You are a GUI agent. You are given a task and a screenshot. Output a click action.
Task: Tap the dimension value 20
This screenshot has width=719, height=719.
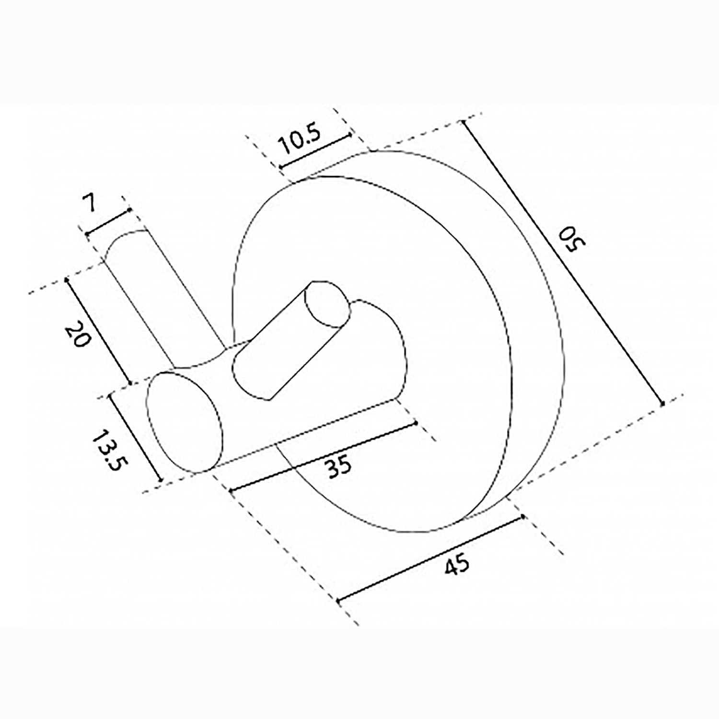click(78, 335)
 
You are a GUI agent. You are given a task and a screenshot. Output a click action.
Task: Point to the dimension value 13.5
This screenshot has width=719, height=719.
click(107, 451)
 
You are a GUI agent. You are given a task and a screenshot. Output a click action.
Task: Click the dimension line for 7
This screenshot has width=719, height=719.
click(108, 221)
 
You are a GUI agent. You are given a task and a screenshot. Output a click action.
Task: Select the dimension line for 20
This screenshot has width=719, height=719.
click(98, 330)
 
